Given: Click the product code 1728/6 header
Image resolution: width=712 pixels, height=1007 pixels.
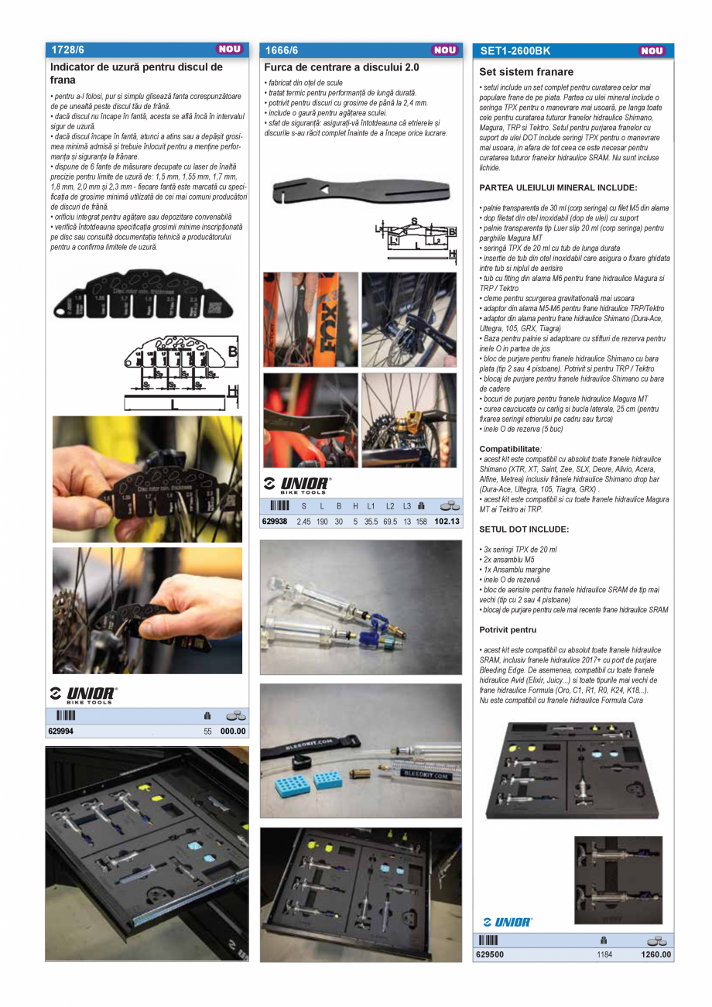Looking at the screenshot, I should (67, 50).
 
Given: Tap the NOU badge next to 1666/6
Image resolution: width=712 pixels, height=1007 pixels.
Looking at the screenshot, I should (445, 50).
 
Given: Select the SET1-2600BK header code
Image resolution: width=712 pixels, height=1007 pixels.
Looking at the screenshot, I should (515, 51).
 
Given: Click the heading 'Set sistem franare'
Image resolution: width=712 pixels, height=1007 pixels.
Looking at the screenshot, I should (526, 72).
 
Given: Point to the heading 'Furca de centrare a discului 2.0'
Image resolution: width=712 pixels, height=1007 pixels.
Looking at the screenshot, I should (341, 68).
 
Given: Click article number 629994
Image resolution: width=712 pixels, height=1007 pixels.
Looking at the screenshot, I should (62, 731).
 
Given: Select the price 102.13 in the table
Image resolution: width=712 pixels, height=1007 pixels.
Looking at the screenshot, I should (447, 522).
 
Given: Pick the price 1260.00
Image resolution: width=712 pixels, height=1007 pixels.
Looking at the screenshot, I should (656, 954).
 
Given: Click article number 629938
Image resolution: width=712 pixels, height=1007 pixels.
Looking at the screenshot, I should (275, 522).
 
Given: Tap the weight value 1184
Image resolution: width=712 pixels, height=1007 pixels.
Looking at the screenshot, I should (604, 954).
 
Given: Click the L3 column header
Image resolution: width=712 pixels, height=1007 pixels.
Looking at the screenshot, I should (407, 506).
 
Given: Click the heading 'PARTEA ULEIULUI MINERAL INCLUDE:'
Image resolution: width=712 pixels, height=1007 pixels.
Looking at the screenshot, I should (558, 188).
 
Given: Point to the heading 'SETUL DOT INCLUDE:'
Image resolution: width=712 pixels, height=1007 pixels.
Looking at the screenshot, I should (524, 529).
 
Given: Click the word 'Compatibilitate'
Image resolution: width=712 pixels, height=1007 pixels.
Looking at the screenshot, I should (509, 449).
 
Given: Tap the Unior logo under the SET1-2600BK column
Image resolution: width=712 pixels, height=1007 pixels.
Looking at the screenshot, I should (507, 922).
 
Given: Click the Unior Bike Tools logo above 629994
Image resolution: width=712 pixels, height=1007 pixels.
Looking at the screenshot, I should (82, 694).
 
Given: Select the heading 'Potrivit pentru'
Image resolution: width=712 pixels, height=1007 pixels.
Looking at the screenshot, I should (508, 630).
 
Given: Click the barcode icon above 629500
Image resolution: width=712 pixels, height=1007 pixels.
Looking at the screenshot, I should (488, 940).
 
